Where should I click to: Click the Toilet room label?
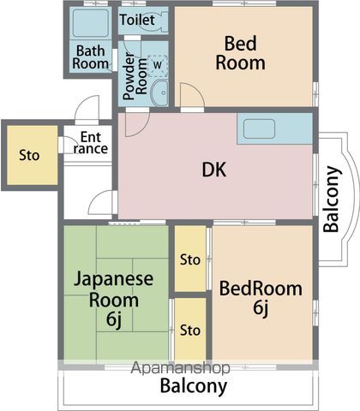pyautogui.click(x=137, y=19)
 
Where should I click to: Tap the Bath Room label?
pyautogui.click(x=91, y=57)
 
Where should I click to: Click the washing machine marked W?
pyautogui.click(x=157, y=64)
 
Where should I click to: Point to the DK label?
pyautogui.click(x=214, y=170)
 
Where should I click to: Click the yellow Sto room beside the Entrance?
pyautogui.click(x=30, y=156)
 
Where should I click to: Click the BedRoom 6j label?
pyautogui.click(x=261, y=299)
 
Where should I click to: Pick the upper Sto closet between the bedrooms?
pyautogui.click(x=190, y=259)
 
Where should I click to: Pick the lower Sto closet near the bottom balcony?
pyautogui.click(x=190, y=330)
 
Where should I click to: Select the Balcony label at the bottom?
pyautogui.click(x=194, y=386)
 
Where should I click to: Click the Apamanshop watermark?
pyautogui.click(x=180, y=369)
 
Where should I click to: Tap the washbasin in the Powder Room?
pyautogui.click(x=159, y=92)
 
